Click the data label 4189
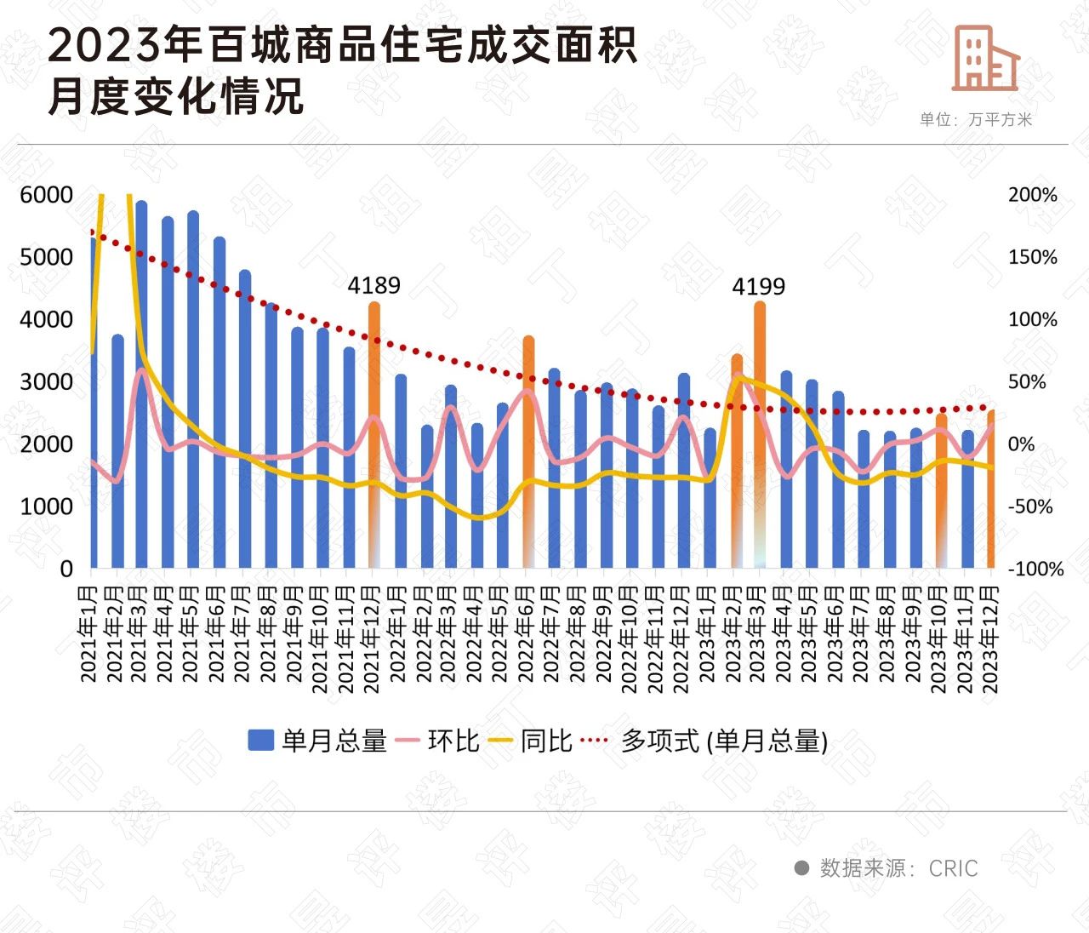[373, 285]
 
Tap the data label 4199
[758, 287]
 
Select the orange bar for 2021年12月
[373, 434]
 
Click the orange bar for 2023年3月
[760, 434]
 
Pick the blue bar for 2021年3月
[141, 383]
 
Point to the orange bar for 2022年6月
[528, 451]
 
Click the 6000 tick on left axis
[46, 195]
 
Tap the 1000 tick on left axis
[46, 507]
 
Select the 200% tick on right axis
[1033, 195]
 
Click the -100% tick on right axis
[1035, 569]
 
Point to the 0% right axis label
[1021, 444]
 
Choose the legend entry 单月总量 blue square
[260, 741]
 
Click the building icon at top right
[985, 58]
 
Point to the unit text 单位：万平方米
[975, 120]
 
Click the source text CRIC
[953, 868]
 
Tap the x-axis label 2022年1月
[398, 634]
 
